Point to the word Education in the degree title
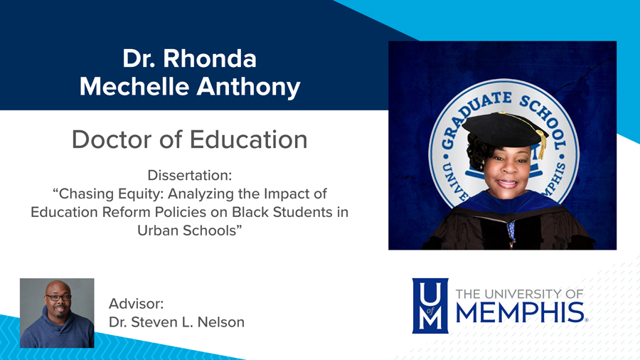click(248, 139)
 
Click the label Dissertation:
click(190, 175)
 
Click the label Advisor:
click(137, 304)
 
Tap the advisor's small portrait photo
click(57, 313)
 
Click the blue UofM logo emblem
click(430, 306)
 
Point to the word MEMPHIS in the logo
click(519, 312)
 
